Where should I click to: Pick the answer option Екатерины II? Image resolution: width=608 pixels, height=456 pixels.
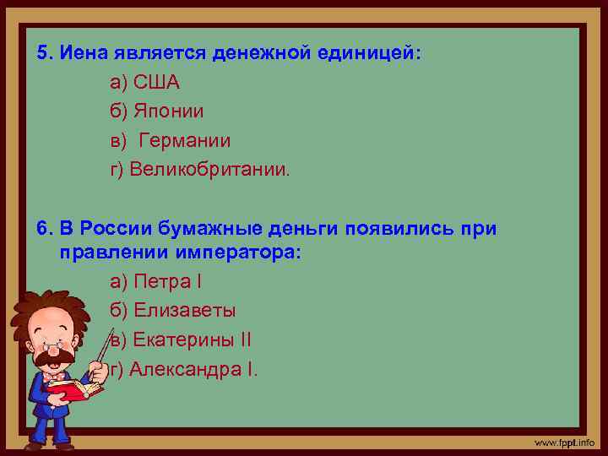[181, 340]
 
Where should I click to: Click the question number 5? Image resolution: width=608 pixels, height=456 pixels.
[44, 54]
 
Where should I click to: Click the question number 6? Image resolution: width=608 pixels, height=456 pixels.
[44, 229]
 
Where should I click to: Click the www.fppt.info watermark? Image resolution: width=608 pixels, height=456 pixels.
[563, 442]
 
